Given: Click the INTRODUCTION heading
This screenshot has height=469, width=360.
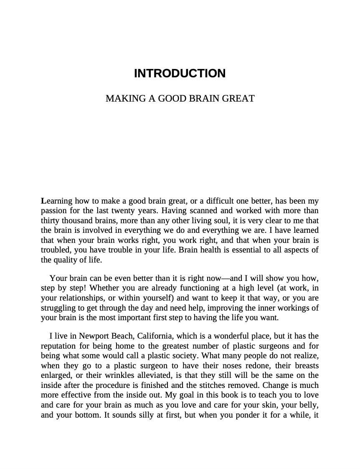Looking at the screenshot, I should [180, 74].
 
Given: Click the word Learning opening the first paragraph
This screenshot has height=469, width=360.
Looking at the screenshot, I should [56, 201].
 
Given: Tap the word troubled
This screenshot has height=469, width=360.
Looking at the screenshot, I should [54, 250].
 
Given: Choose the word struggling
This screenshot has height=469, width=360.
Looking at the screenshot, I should [58, 308].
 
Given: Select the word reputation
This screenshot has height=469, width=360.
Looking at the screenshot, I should [58, 346].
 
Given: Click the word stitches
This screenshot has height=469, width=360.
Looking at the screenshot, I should [228, 385].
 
